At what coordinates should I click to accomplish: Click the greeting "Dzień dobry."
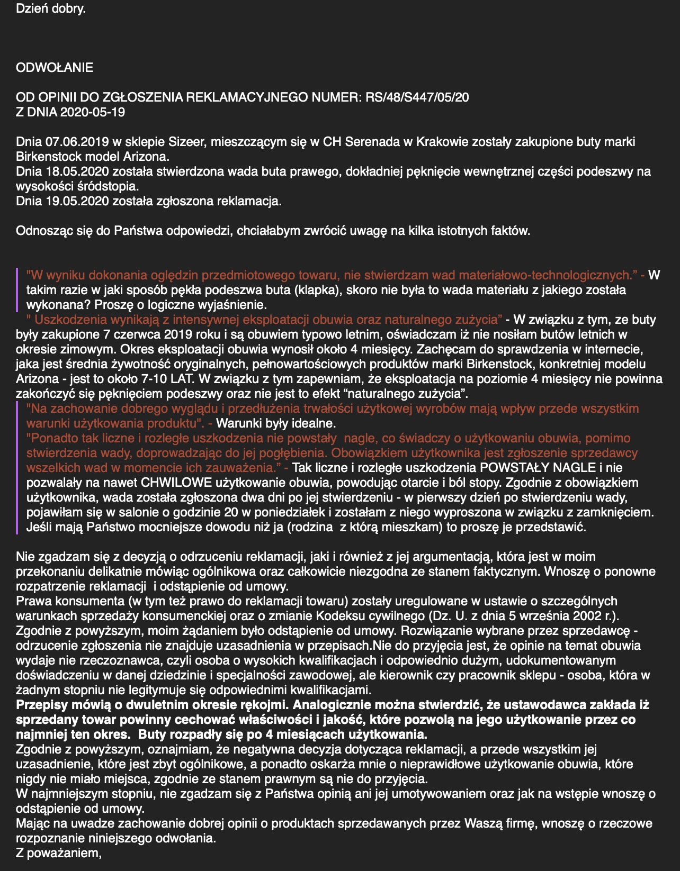(x=50, y=8)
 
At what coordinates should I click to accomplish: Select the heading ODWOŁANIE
(x=55, y=68)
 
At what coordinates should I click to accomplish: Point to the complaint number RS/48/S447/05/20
(x=417, y=97)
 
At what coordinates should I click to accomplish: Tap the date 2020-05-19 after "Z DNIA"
(x=93, y=112)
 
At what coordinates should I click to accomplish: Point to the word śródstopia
(x=111, y=186)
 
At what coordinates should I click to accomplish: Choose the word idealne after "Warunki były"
(x=315, y=423)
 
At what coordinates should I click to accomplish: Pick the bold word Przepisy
(x=41, y=705)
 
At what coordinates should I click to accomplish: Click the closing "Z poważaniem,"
(x=58, y=853)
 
